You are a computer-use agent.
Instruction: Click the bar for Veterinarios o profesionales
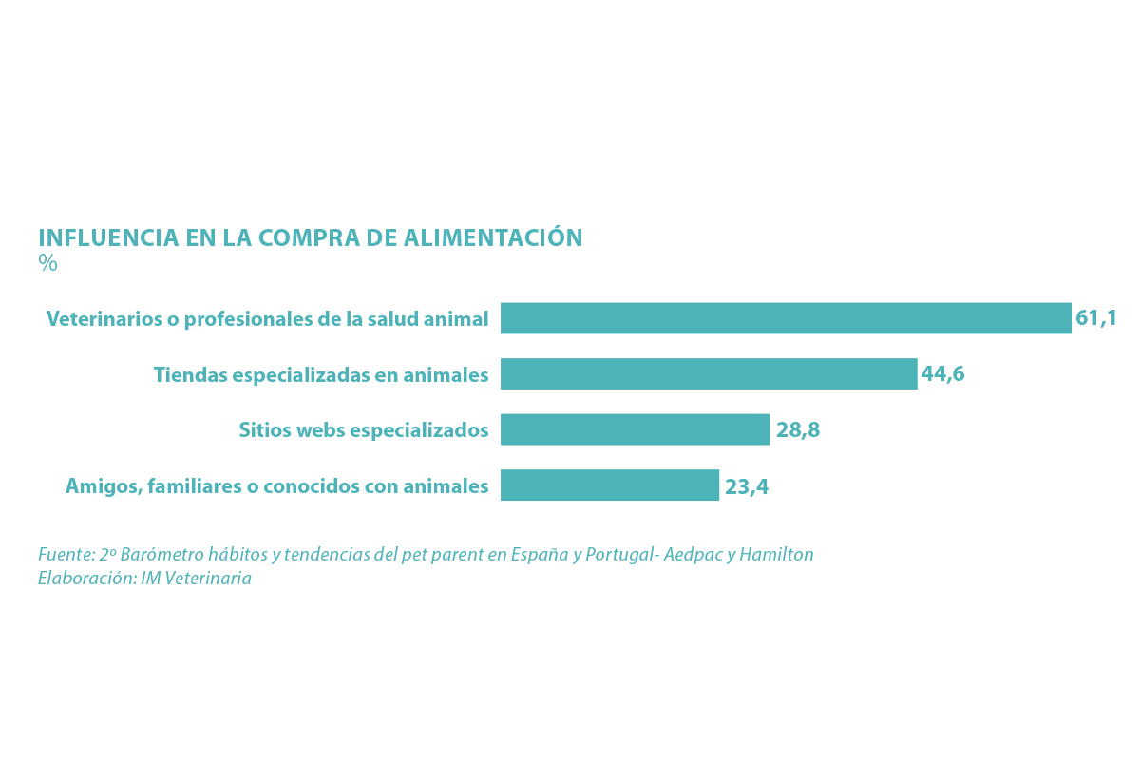786,318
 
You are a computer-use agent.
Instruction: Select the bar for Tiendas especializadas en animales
709,374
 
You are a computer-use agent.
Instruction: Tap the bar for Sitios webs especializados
635,429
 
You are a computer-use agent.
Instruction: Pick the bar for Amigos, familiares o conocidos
610,485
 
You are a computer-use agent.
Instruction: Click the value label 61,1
1096,318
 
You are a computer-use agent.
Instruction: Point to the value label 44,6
942,374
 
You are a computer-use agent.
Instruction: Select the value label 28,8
798,430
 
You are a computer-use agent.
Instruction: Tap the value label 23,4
747,487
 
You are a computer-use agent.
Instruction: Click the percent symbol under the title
47,264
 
